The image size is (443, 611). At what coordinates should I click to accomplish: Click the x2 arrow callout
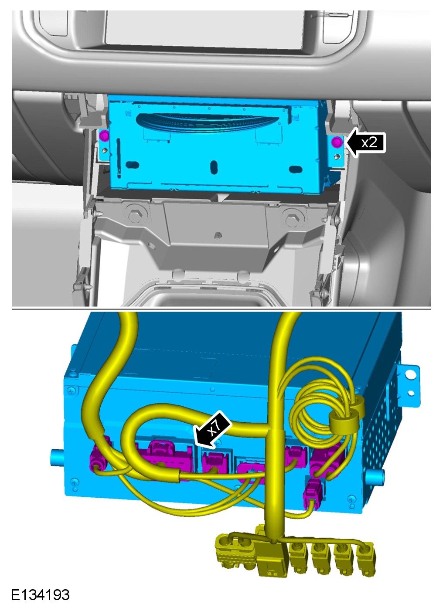point(366,142)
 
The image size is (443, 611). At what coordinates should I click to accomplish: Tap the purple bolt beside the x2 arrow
point(337,142)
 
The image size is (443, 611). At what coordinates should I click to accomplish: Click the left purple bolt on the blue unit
point(104,135)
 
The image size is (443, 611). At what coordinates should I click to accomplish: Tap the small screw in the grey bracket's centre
point(218,234)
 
